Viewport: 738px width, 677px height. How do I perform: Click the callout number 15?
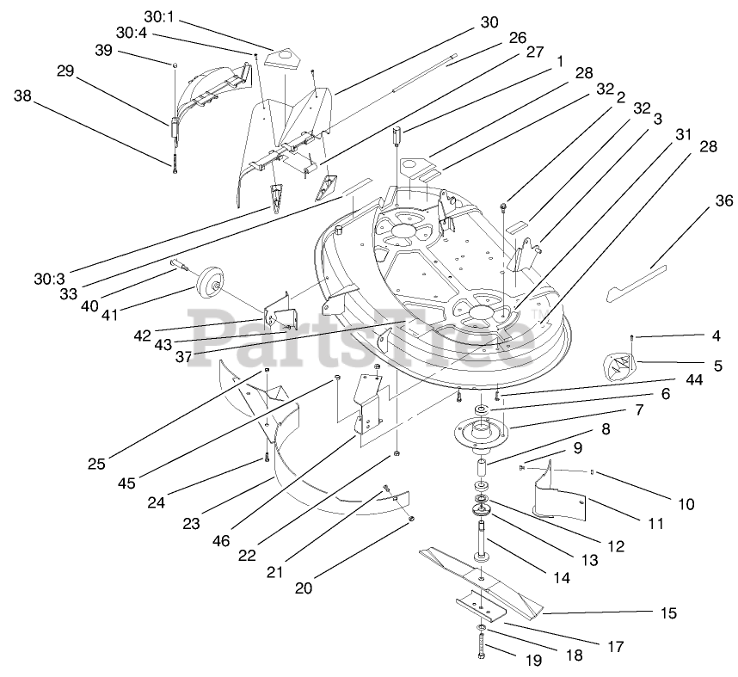pos(667,613)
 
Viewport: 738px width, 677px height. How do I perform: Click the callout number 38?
pos(23,96)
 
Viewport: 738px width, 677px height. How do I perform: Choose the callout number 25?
pos(95,464)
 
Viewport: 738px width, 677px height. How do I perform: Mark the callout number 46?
pos(221,541)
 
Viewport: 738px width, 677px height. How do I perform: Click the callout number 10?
pos(686,504)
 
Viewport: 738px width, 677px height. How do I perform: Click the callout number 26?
pos(517,38)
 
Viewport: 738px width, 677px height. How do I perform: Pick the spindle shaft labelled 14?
pos(479,540)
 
